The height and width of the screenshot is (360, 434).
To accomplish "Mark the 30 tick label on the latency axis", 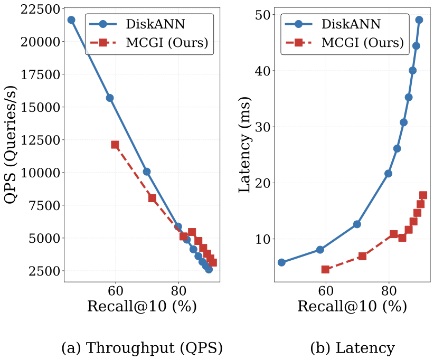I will (261, 127).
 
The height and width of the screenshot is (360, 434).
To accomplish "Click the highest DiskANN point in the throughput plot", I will (71, 20).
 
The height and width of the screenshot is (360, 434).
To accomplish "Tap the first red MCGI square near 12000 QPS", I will (115, 145).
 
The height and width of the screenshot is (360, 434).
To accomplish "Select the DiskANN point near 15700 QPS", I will (110, 98).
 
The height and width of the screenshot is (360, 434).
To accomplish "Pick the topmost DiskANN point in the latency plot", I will (419, 20).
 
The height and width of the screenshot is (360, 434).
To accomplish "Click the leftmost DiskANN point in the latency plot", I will (281, 262).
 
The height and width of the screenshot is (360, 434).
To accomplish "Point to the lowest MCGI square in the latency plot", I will (325, 269).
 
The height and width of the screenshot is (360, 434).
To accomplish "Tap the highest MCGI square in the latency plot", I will (423, 195).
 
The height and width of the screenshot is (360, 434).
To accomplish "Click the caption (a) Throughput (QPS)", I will (142, 348).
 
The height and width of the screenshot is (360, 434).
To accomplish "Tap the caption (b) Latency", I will (353, 348).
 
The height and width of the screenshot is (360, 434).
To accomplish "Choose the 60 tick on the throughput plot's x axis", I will (115, 291).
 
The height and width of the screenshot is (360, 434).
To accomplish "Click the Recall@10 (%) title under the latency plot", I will (352, 306).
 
